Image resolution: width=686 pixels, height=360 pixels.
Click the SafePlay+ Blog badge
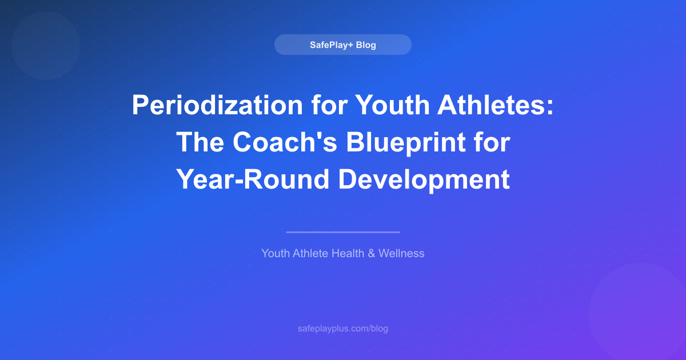[x=342, y=45]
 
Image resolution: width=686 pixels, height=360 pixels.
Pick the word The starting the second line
[x=201, y=142]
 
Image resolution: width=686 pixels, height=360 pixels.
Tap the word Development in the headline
[x=424, y=179]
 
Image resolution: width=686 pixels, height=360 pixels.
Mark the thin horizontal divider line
[x=342, y=232]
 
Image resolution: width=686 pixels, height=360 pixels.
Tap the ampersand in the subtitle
[x=371, y=253]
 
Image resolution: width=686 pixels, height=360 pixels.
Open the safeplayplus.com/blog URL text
[x=342, y=329]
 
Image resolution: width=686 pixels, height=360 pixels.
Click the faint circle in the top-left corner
[x=45, y=46]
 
